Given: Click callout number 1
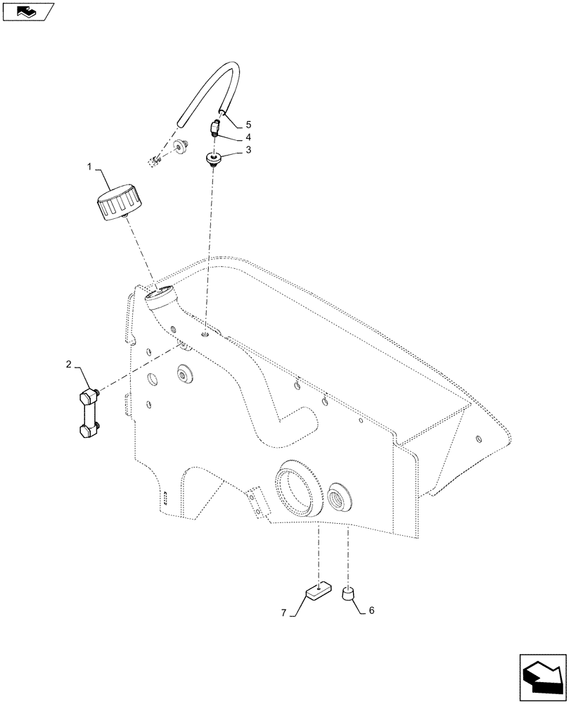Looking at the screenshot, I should coord(89,167).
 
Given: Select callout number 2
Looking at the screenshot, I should coord(68,364).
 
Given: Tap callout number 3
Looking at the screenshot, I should coord(248,150).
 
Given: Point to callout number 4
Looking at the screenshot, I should coord(248,136).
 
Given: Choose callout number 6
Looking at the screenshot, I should coord(371,610).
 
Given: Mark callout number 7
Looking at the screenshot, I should coord(284,613).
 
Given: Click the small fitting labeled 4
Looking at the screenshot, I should coord(216,129).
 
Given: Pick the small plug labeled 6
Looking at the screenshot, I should coord(347,595).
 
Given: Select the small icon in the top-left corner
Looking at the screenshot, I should coord(27,11).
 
